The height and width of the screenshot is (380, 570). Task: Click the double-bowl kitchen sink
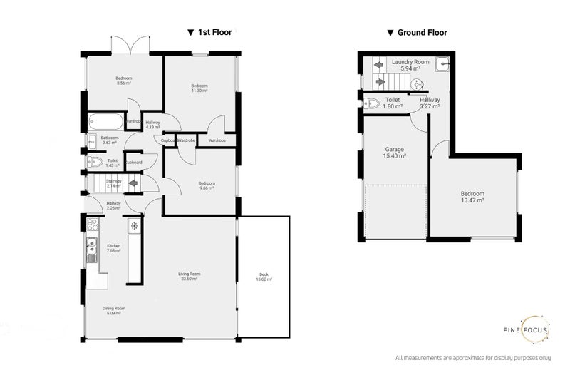coord(91,250)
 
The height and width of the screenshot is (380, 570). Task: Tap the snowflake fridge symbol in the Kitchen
coord(133,226)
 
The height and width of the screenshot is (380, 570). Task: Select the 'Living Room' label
coord(190,274)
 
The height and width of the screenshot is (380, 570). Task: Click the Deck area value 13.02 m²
coord(264,281)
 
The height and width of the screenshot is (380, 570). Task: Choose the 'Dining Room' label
coord(114,309)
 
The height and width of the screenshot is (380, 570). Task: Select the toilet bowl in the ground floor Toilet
coord(370,104)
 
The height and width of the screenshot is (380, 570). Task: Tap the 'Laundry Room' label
coord(410,63)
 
